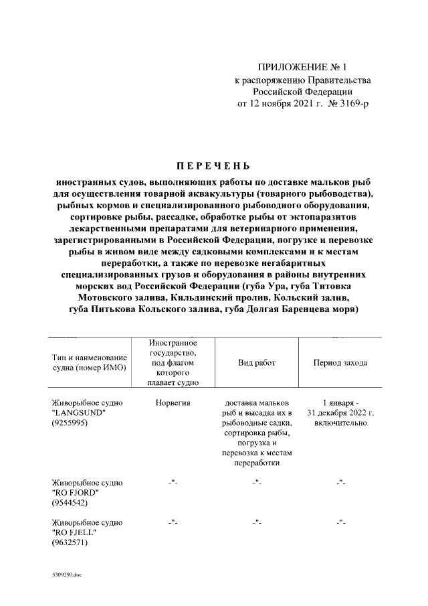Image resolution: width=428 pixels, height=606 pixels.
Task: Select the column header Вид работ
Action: click(x=257, y=362)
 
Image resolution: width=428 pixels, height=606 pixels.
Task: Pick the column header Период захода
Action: click(x=340, y=362)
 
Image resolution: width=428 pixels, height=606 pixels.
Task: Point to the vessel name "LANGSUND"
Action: click(x=75, y=414)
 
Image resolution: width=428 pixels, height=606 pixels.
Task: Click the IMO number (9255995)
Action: click(x=70, y=425)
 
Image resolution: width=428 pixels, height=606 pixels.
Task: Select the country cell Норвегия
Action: click(x=173, y=403)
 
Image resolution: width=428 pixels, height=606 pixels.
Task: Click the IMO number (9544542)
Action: click(x=70, y=503)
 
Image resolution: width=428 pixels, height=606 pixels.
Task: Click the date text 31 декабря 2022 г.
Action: click(x=340, y=414)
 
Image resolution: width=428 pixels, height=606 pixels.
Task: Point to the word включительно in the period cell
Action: click(x=340, y=425)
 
